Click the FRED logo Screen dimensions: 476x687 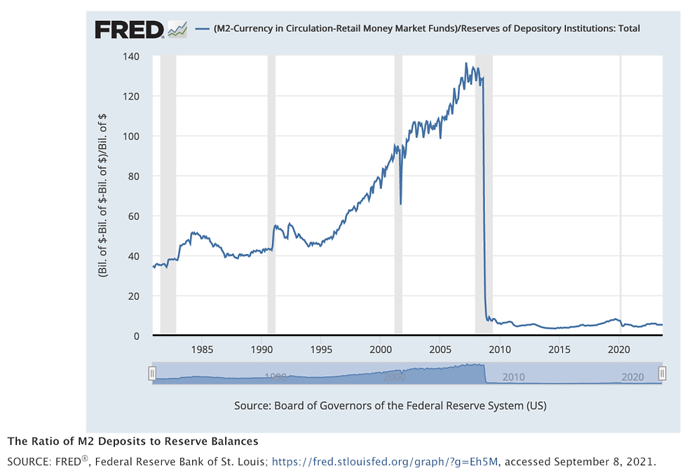[130, 29]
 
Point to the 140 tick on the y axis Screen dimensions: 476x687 [131, 56]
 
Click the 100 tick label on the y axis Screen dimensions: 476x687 [131, 136]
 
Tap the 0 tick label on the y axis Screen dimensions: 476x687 [137, 336]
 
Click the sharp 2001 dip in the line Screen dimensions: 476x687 [400, 203]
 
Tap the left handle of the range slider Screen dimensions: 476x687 [151, 373]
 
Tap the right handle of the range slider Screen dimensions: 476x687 [662, 373]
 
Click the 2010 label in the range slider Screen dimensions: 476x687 [513, 377]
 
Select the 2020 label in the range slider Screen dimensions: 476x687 [632, 377]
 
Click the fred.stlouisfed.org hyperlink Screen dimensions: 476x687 [386, 462]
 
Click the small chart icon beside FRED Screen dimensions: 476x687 [178, 29]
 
